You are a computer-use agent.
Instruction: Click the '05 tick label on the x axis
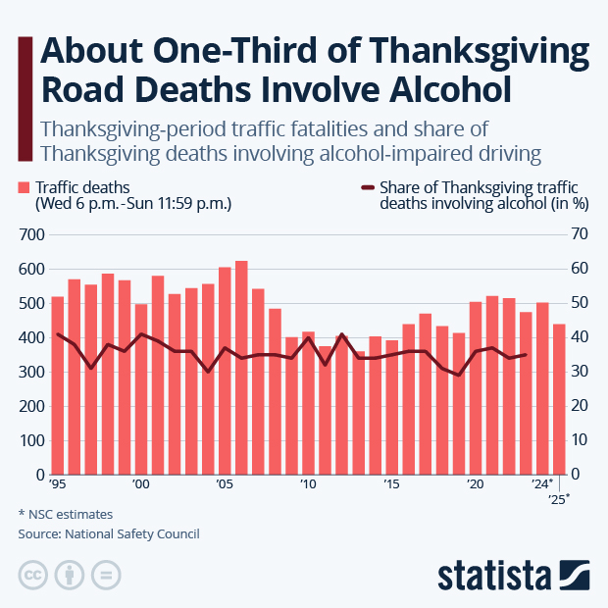225,484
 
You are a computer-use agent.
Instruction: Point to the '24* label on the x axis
543,484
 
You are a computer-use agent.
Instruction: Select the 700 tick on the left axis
33,234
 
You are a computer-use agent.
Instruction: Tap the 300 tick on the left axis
33,372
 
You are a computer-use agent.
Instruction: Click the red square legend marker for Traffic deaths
24,187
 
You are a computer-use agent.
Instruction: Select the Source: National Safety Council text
108,534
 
